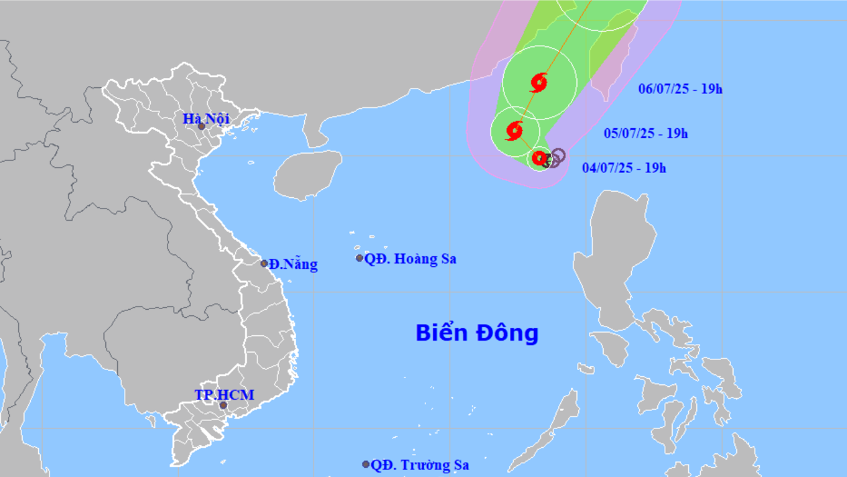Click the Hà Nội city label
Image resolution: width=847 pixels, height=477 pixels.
(x=206, y=118)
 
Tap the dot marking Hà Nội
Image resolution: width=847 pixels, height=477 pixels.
(x=202, y=126)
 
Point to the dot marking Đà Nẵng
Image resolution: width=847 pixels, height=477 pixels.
(x=264, y=263)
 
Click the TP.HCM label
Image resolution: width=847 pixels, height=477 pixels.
(x=224, y=395)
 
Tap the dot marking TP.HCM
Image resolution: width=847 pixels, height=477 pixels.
(x=223, y=405)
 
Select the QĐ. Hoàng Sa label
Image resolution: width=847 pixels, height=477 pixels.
(x=410, y=259)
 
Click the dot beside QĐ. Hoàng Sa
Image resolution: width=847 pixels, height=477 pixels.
(x=359, y=259)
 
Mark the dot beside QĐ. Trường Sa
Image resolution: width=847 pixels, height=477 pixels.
(x=366, y=464)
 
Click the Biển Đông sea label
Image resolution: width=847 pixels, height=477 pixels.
(x=477, y=333)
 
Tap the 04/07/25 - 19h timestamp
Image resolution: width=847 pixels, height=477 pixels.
(x=625, y=167)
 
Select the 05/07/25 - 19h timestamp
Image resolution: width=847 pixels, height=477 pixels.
(x=646, y=134)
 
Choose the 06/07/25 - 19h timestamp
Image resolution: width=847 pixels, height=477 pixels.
(x=680, y=88)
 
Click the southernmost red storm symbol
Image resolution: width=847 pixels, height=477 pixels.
(x=539, y=158)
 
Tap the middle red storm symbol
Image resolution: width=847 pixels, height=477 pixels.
(x=515, y=130)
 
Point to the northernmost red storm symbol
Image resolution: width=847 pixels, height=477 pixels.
(x=538, y=84)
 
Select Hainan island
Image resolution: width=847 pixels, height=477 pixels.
(x=307, y=174)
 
